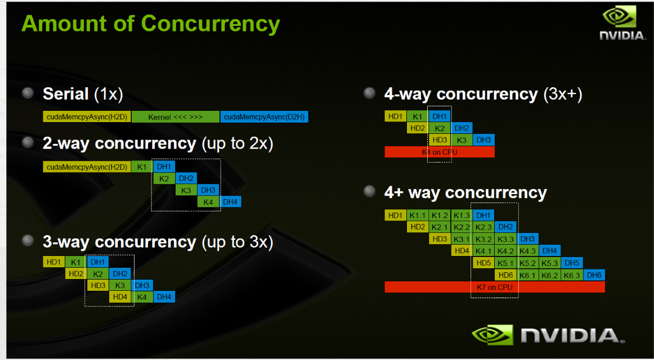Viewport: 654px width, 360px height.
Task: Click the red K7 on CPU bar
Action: point(494,287)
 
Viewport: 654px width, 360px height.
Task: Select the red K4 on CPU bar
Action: point(439,152)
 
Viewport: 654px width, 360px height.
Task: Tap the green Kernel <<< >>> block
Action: point(175,117)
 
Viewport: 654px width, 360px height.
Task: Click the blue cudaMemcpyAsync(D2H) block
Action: point(264,117)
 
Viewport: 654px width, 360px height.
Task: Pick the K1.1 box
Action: point(418,215)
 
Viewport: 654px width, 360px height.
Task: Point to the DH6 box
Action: point(594,275)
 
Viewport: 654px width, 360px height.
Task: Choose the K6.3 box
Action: point(572,275)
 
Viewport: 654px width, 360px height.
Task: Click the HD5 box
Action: point(483,263)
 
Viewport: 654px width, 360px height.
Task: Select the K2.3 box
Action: point(483,227)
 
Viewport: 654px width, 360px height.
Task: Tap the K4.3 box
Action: point(528,251)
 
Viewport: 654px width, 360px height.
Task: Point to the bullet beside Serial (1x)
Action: point(28,93)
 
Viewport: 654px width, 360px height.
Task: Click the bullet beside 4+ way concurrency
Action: point(369,192)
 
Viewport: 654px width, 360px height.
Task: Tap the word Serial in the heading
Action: point(65,93)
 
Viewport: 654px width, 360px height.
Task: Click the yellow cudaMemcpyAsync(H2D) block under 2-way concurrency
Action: point(87,166)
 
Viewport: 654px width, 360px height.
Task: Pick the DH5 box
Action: point(572,263)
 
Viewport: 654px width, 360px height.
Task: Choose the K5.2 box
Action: point(528,263)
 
